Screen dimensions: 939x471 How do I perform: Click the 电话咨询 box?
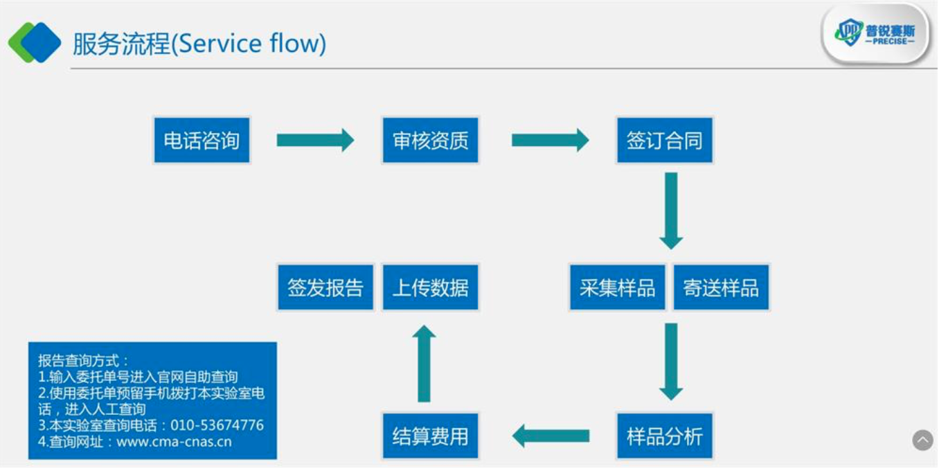point(202,140)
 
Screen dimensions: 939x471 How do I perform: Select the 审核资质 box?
point(431,140)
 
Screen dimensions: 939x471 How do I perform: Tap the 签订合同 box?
point(664,140)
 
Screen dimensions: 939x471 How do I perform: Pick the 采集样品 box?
point(617,287)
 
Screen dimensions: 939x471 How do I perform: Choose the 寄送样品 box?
point(721,287)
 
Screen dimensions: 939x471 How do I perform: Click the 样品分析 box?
point(664,436)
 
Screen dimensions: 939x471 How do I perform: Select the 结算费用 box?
point(431,436)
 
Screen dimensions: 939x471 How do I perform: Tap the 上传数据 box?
point(431,287)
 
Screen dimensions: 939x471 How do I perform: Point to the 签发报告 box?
point(325,287)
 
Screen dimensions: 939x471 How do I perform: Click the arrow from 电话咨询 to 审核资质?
point(315,140)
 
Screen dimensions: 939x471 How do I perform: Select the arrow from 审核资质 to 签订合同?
point(550,140)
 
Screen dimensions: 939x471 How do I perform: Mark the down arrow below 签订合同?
point(671,211)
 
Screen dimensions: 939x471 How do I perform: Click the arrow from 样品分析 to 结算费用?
point(551,436)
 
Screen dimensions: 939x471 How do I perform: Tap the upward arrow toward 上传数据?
point(424,363)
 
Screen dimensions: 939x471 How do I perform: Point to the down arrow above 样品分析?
point(671,362)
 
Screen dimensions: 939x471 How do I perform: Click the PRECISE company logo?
point(875,33)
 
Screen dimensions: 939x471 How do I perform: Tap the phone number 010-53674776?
point(217,425)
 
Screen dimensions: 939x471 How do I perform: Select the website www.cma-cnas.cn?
point(174,442)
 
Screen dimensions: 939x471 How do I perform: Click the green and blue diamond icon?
point(35,42)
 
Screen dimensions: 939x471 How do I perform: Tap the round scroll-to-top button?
point(922,440)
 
